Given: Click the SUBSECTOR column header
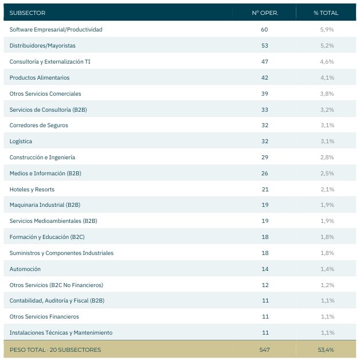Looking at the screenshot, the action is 28,13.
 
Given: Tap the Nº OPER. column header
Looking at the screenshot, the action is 265,13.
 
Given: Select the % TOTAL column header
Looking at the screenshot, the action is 326,13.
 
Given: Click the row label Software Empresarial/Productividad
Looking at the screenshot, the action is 56,29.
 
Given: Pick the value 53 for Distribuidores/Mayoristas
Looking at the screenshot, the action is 265,46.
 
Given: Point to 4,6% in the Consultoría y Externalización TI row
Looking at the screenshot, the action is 327,62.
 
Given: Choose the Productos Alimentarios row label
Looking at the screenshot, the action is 40,77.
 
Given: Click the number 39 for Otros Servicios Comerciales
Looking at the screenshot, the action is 265,94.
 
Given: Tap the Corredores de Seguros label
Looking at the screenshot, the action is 39,125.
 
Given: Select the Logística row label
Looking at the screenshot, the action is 21,142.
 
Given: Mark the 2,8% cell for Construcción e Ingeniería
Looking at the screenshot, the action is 327,157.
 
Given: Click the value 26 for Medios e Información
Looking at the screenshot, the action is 265,174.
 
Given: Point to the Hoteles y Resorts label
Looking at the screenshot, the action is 32,190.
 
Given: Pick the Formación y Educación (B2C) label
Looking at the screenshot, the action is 47,237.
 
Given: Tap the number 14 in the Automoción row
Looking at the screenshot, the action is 265,269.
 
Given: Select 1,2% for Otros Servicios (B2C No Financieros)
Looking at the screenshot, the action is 327,285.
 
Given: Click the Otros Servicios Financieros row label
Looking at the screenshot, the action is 44,316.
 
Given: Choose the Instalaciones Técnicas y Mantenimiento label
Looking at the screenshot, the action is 61,333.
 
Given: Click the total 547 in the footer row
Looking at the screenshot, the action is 264,350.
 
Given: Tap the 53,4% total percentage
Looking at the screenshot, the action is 326,350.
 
